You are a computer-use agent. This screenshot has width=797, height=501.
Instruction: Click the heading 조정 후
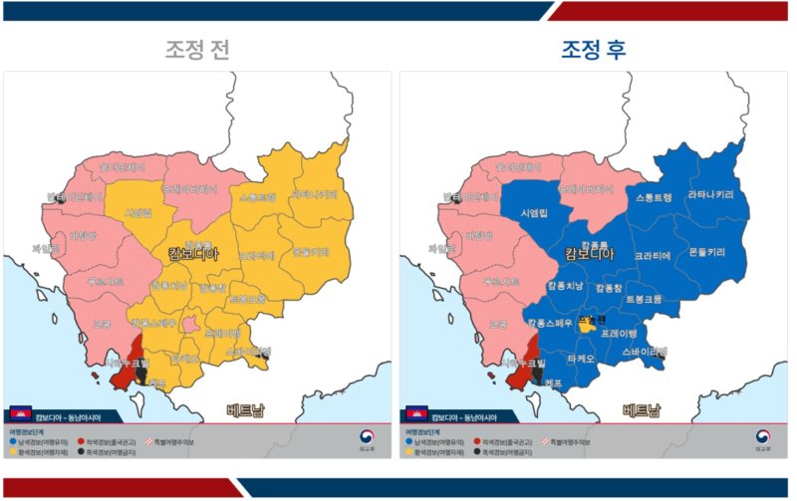click(x=594, y=49)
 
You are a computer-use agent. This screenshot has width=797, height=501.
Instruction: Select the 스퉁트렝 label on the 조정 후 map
click(x=654, y=198)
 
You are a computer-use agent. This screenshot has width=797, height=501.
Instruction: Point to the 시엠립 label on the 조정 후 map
click(x=534, y=213)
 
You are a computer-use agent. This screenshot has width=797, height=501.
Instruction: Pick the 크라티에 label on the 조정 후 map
click(x=653, y=256)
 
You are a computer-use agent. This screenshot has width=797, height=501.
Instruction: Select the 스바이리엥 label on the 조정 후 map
click(x=644, y=351)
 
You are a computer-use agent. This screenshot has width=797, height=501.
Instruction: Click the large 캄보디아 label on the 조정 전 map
click(x=195, y=254)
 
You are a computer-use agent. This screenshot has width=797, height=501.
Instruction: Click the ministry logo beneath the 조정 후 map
click(x=762, y=438)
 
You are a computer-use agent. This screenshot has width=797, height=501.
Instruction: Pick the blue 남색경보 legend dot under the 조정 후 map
click(x=407, y=441)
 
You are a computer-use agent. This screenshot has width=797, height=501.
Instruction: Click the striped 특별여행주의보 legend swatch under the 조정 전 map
click(x=151, y=441)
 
